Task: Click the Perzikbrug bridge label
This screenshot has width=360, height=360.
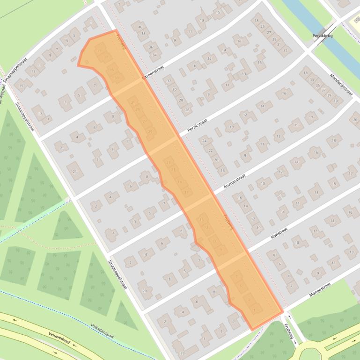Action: click(x=323, y=36)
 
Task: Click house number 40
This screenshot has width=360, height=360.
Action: click(x=140, y=27)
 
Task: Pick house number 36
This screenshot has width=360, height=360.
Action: click(x=151, y=47)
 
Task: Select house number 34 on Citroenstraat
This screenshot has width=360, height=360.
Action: click(x=154, y=55)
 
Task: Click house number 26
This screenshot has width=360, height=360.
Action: click(x=187, y=110)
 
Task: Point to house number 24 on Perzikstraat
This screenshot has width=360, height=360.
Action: click(x=204, y=141)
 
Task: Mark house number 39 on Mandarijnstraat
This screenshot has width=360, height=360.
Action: click(x=330, y=95)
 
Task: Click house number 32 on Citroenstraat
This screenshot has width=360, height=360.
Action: click(x=169, y=81)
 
